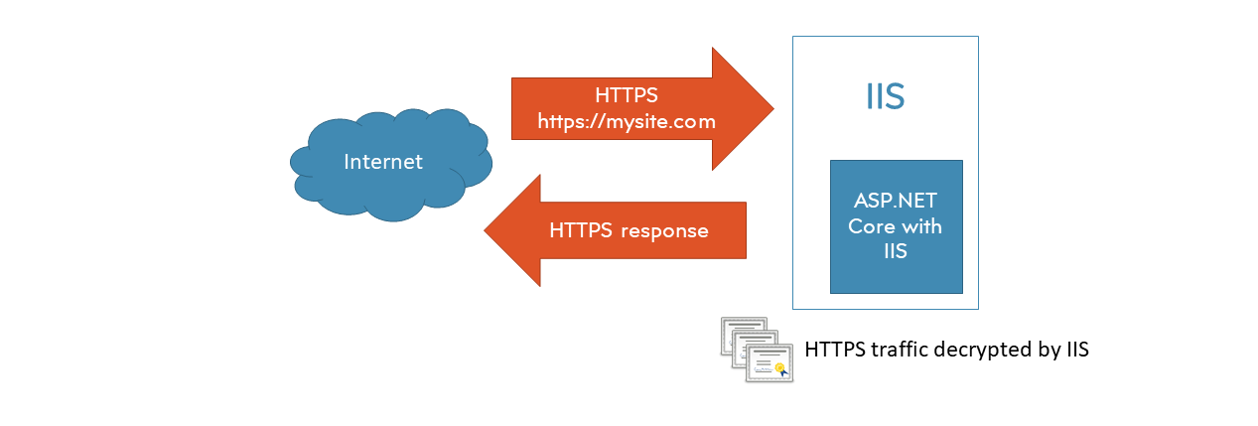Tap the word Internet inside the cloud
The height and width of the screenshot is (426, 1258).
383,161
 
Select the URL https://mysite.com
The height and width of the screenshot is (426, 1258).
626,121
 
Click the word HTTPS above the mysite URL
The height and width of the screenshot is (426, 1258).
626,96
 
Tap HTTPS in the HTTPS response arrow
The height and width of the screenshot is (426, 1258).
581,230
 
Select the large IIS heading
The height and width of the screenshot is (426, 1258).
884,97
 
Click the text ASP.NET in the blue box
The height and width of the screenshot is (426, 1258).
895,201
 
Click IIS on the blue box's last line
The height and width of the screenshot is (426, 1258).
895,252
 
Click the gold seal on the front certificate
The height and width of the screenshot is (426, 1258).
781,368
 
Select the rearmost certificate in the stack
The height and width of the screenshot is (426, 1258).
738,331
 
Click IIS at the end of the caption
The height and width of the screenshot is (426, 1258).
1077,351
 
